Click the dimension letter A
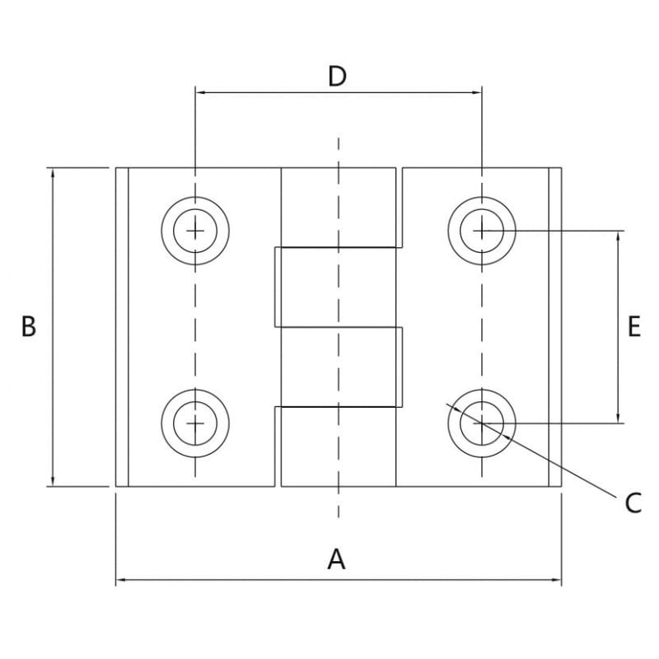pos(337,559)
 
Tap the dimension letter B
pos(29,326)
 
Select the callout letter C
pos(633,503)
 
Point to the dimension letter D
pos(337,76)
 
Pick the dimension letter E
pos(634,326)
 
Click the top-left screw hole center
pos(195,231)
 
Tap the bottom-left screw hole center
pos(195,423)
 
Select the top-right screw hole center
pos(482,231)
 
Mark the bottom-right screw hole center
pos(482,423)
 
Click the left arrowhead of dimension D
pos(200,92)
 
